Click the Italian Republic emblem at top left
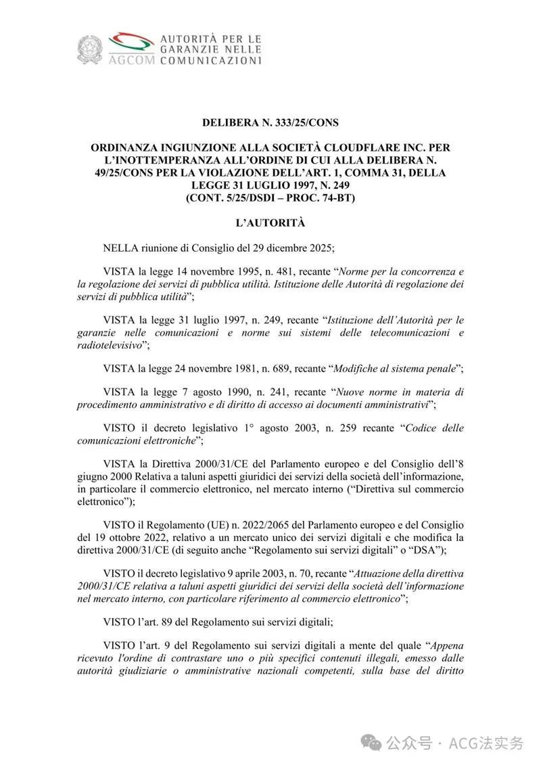tap(88, 50)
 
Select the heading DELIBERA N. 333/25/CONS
tap(270, 122)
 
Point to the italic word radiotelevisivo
tap(110, 344)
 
